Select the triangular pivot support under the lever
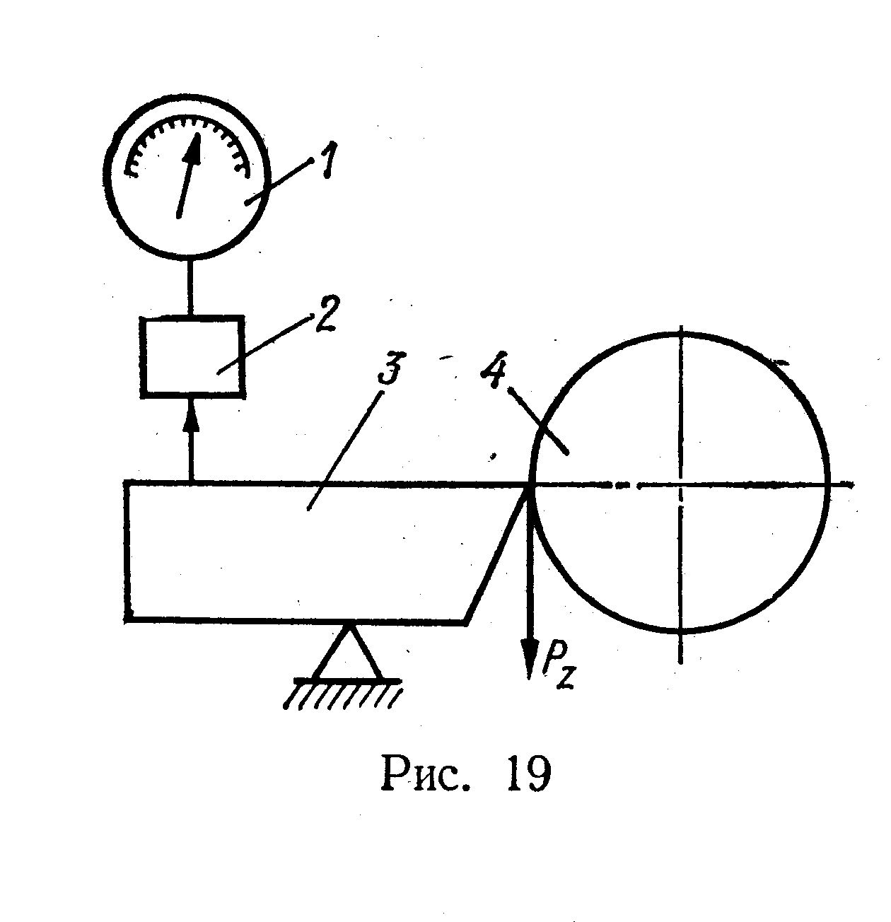click(346, 652)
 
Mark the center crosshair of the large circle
click(680, 484)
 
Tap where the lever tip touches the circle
click(530, 484)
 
